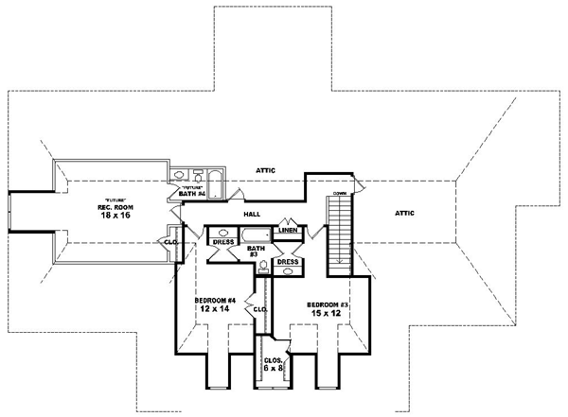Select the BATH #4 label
(193, 193)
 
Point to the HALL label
(252, 215)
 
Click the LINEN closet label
(289, 231)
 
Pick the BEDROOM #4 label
(216, 301)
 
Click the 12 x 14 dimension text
(215, 311)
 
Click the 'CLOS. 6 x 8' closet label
(274, 363)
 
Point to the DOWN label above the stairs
(339, 193)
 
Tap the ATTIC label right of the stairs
(409, 215)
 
